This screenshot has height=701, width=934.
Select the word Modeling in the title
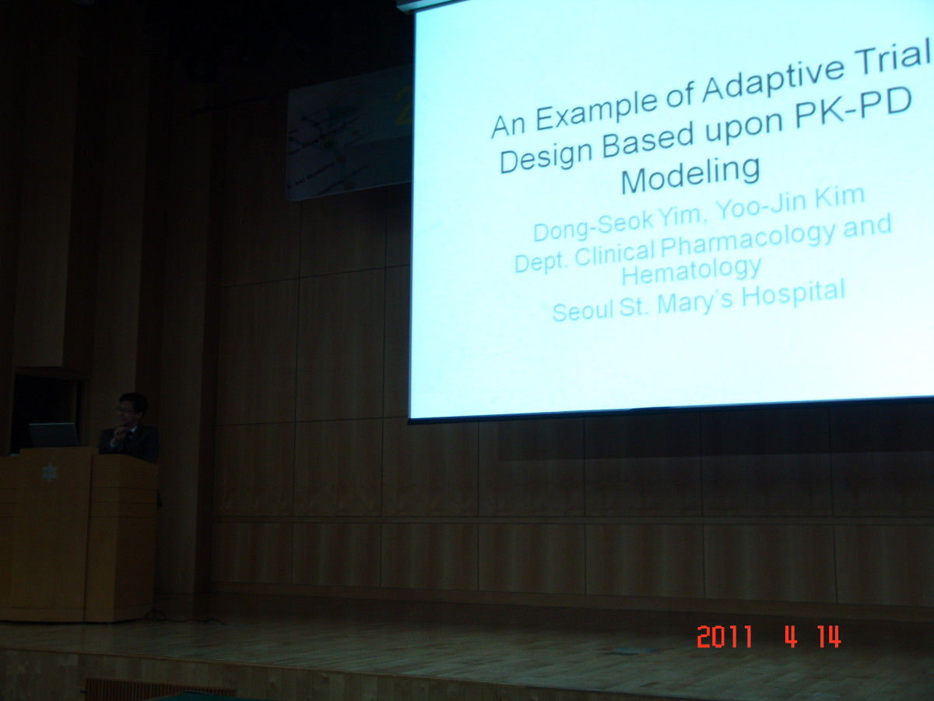690,175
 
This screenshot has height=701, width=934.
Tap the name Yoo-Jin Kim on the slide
789,203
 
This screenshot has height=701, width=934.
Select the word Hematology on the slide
691,271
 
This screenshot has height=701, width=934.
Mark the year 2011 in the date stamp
725,636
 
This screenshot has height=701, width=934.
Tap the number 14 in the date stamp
830,636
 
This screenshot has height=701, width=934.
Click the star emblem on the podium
50,473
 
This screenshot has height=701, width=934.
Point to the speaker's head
132,409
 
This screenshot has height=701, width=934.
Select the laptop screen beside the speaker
53,435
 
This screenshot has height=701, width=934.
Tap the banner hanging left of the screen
349,132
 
